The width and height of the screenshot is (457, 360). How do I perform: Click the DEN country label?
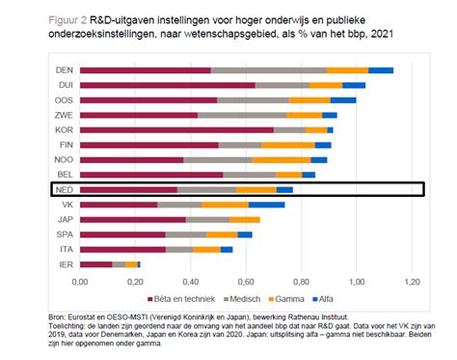[x=63, y=70]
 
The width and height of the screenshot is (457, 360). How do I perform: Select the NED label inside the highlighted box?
[x=63, y=190]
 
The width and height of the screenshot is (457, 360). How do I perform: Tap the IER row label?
[x=64, y=263]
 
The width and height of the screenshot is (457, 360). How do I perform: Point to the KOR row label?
[x=63, y=129]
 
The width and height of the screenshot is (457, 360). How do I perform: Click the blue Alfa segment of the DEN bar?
[x=381, y=70]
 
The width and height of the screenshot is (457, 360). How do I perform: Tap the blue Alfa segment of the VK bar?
[x=266, y=205]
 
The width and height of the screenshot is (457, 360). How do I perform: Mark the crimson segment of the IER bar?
[x=96, y=263]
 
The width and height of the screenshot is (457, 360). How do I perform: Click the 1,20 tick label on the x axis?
[x=414, y=281]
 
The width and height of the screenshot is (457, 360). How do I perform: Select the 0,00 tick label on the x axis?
[x=79, y=281]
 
